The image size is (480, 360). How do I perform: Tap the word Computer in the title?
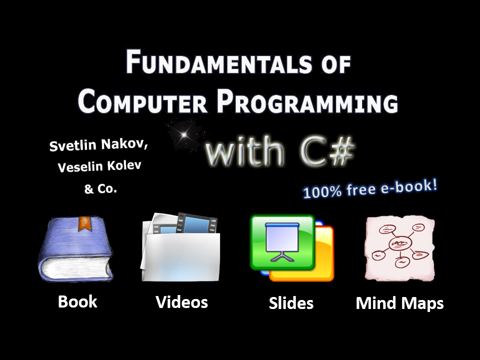tap(142, 101)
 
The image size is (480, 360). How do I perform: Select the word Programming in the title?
tap(307, 101)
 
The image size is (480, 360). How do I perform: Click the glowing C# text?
tap(327, 151)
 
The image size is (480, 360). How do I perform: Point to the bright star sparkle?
tap(183, 134)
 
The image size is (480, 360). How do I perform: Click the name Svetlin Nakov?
tap(98, 144)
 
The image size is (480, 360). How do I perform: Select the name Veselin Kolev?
tap(99, 166)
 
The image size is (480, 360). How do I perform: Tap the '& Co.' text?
tap(100, 188)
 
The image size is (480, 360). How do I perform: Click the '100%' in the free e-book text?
tap(322, 192)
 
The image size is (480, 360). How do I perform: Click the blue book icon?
tap(75, 248)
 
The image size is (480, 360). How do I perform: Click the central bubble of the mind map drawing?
tap(400, 243)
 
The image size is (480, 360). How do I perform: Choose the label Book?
tap(77, 301)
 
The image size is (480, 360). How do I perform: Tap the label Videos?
tap(182, 302)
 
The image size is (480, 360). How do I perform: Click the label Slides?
tap(291, 303)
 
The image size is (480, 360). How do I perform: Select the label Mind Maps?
tap(400, 303)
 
